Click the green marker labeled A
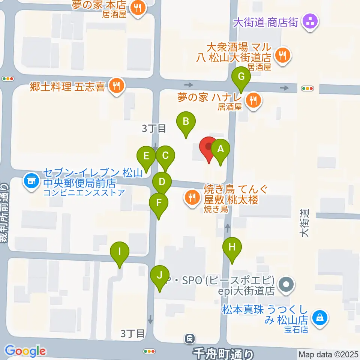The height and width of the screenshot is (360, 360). coord(220,149)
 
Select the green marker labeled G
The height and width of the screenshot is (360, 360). coord(241,77)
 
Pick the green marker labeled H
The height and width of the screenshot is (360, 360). coord(232,247)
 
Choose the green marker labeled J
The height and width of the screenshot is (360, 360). coord(159,276)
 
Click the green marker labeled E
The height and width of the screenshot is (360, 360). coord(146,156)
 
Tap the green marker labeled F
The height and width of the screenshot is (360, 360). coord(159,204)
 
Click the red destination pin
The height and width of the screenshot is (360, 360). coord(208,147)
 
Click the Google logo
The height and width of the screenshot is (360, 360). coord(25,351)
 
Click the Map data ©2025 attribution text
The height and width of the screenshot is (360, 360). coord(328,354)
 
